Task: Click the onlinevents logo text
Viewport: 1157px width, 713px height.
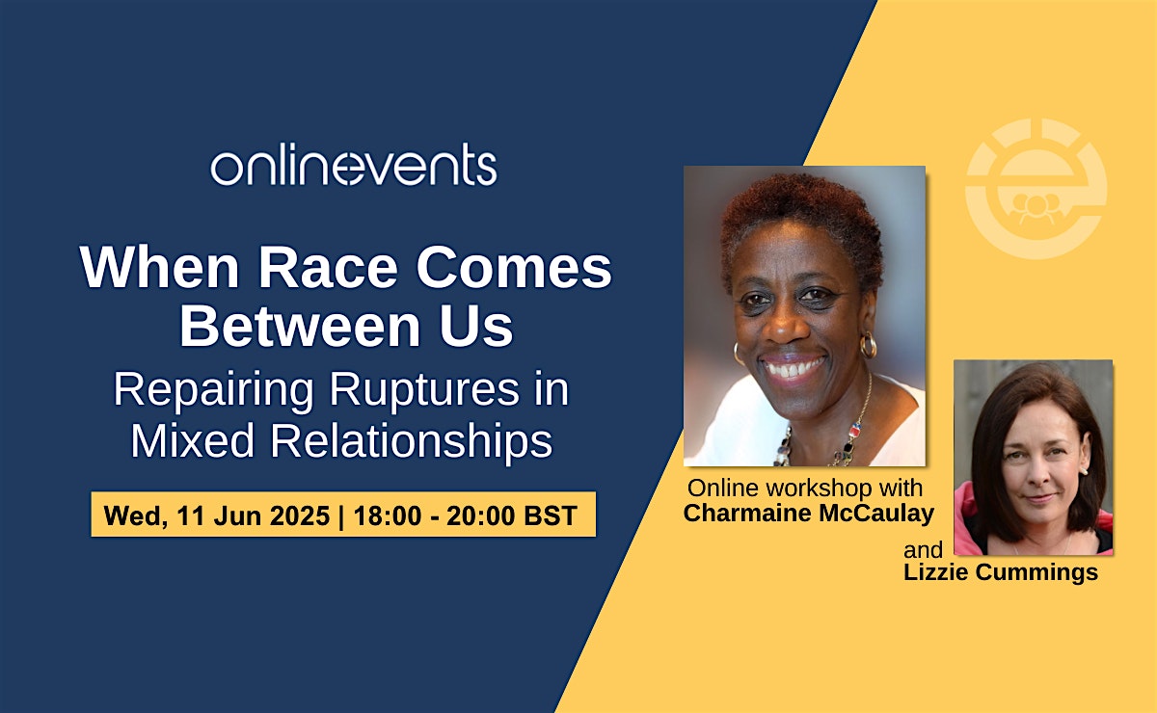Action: [354, 164]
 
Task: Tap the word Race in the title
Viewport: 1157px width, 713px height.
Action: [328, 268]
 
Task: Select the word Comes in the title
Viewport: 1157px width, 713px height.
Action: [514, 268]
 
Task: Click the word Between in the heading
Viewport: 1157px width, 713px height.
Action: [300, 327]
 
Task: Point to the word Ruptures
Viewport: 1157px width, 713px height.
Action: [424, 390]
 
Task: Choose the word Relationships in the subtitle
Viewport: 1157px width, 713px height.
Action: [412, 440]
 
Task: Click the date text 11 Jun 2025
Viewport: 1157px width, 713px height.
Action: [253, 515]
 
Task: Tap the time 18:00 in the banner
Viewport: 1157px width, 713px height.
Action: [388, 515]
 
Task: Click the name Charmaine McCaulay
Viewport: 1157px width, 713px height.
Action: [808, 513]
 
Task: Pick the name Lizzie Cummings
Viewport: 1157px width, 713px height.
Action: [1001, 572]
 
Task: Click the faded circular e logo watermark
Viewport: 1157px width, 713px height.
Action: [1036, 189]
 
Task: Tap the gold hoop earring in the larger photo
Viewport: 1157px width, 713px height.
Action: [869, 345]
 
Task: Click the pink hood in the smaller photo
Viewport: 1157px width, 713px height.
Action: [967, 521]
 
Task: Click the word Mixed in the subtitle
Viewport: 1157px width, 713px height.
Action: [193, 440]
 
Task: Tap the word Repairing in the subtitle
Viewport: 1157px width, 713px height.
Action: [213, 391]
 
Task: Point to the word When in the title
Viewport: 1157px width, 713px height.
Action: [160, 268]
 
